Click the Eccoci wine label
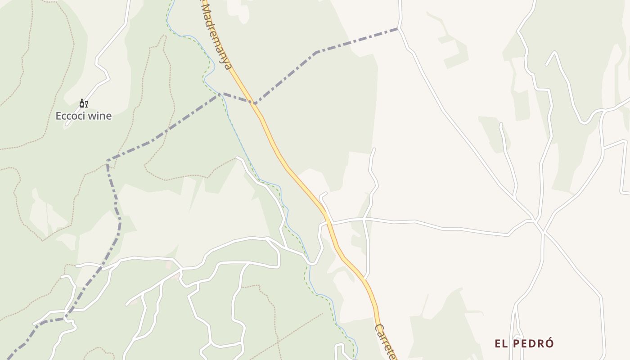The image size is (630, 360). [83, 116]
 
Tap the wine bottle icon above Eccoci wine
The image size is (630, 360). [82, 103]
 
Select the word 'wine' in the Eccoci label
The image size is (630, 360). [100, 116]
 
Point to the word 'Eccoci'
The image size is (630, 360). [70, 116]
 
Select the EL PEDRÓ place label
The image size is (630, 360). [524, 344]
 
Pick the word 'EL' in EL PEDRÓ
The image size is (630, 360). [501, 344]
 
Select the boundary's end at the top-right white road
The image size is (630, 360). [398, 29]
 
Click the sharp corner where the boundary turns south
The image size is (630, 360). [108, 161]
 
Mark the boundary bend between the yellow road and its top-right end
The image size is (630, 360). [316, 52]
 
